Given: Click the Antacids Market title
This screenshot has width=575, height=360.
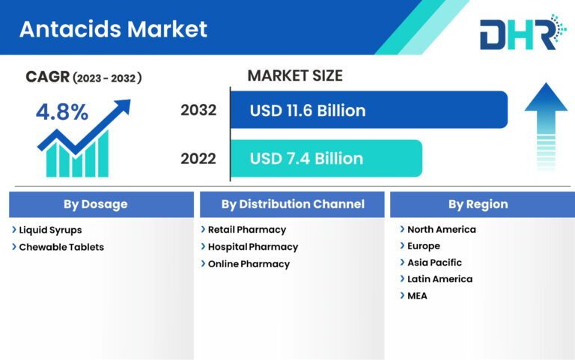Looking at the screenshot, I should [112, 29].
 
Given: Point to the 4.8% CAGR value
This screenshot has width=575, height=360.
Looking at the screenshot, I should [62, 112].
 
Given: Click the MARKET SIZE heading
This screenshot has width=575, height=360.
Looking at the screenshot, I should [294, 76].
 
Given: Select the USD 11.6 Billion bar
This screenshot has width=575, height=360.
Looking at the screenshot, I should [368, 110].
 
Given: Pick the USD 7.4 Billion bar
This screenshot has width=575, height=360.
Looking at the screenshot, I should [326, 158].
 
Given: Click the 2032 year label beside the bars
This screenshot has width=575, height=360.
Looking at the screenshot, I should [198, 111].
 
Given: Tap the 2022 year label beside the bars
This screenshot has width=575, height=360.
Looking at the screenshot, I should [198, 159].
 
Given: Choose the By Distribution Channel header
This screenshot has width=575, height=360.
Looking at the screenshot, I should [293, 204].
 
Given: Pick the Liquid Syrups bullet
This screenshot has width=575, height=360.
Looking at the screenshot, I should [50, 230].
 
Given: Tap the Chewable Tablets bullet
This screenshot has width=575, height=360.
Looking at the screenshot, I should [61, 247].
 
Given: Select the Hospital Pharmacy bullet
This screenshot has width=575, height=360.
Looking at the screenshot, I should [252, 247].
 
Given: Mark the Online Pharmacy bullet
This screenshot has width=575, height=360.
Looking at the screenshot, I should [248, 264].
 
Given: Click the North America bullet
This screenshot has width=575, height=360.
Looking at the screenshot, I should [441, 230].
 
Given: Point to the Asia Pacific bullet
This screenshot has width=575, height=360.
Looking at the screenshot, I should [434, 263].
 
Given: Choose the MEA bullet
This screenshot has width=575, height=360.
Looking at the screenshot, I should [417, 296].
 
